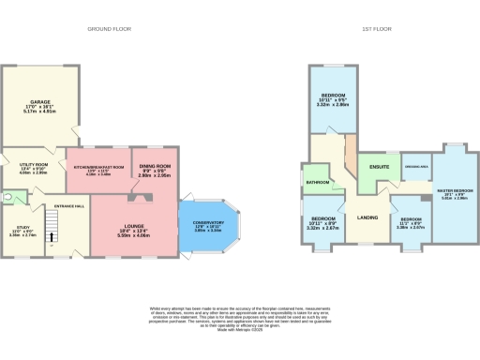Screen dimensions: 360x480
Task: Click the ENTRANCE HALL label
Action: (69, 205)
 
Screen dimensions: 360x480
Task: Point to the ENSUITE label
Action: (379, 167)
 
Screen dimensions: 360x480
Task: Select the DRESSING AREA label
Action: (416, 167)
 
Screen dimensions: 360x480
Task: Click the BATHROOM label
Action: (316, 181)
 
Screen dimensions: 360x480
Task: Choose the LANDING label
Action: (367, 217)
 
